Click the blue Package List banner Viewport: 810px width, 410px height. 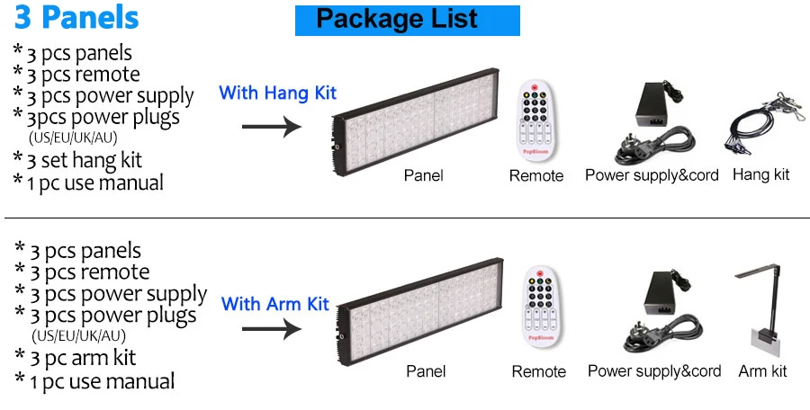pos(407,19)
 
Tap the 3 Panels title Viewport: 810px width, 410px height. pos(76,17)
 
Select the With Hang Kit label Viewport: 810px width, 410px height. pos(277,93)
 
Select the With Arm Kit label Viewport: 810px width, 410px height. pos(275,304)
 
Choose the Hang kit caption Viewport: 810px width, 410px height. pos(760,174)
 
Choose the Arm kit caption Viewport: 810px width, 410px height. pos(762,370)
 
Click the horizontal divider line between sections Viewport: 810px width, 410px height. pos(405,218)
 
